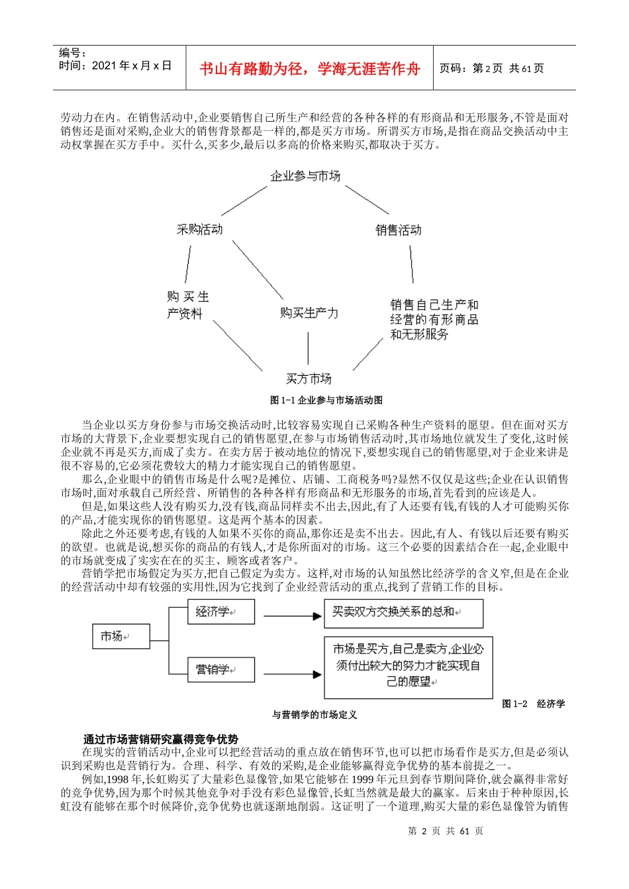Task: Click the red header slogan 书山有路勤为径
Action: pos(310,68)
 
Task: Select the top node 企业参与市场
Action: pos(305,176)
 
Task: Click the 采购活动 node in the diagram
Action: pos(199,230)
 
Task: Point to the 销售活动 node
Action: pos(398,230)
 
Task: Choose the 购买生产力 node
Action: pos(309,312)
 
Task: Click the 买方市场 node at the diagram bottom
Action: pos(309,378)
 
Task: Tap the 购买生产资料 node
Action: pos(187,305)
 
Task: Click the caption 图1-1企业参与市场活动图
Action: pos(326,400)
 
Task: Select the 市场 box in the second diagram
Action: pos(121,636)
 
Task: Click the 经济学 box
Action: pos(221,611)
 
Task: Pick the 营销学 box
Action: pos(221,669)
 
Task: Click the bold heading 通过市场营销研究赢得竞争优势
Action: pos(160,739)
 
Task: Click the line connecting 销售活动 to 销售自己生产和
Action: pos(411,265)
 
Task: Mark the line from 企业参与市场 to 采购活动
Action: pos(244,201)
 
